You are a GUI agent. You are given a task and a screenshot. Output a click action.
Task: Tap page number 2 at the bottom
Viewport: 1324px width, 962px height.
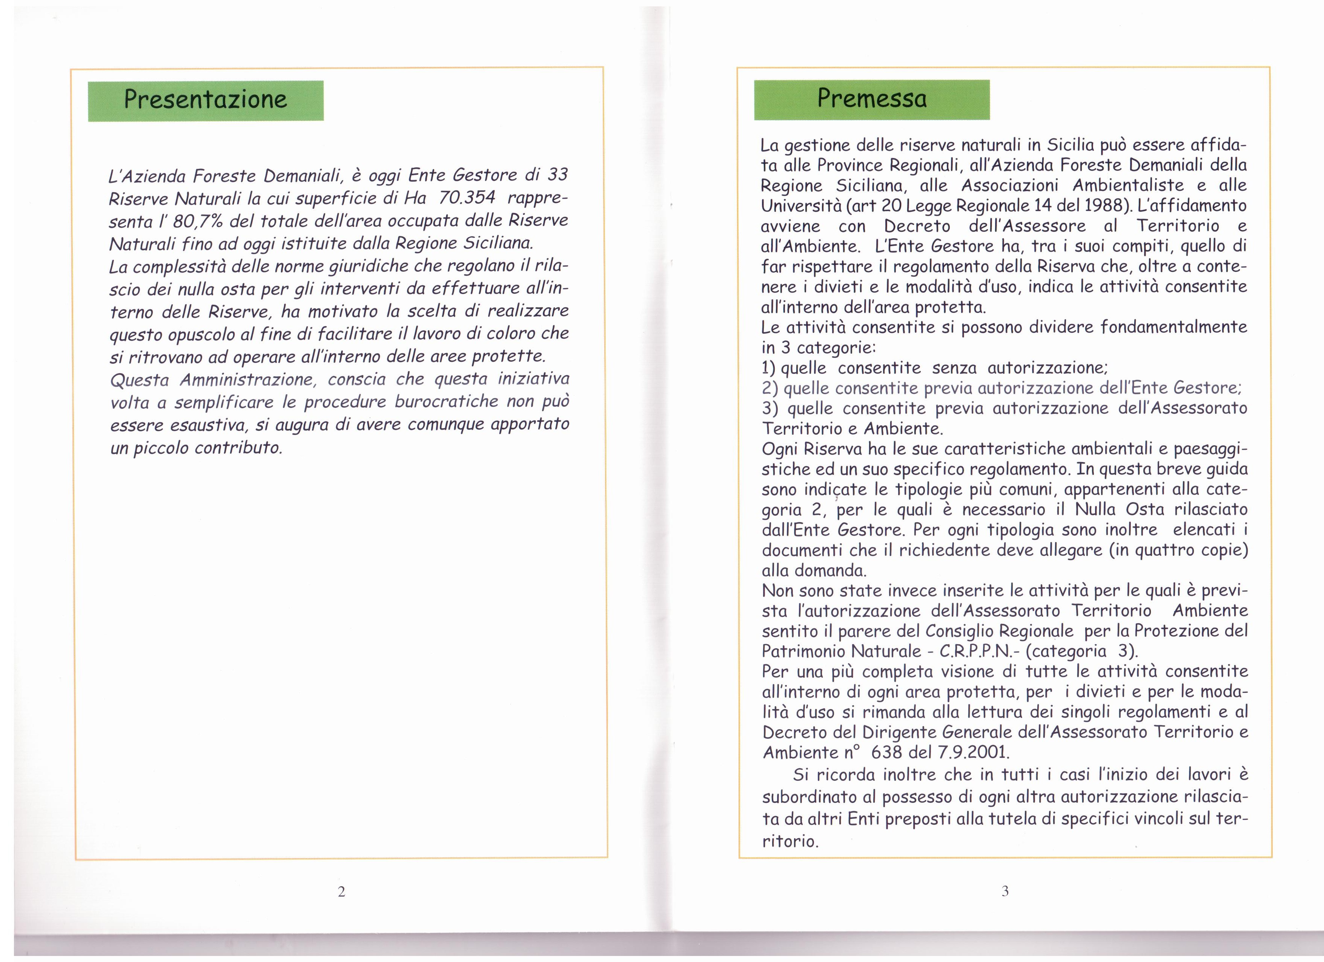[341, 892]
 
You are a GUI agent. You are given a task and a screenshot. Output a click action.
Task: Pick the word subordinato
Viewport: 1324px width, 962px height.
[815, 797]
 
